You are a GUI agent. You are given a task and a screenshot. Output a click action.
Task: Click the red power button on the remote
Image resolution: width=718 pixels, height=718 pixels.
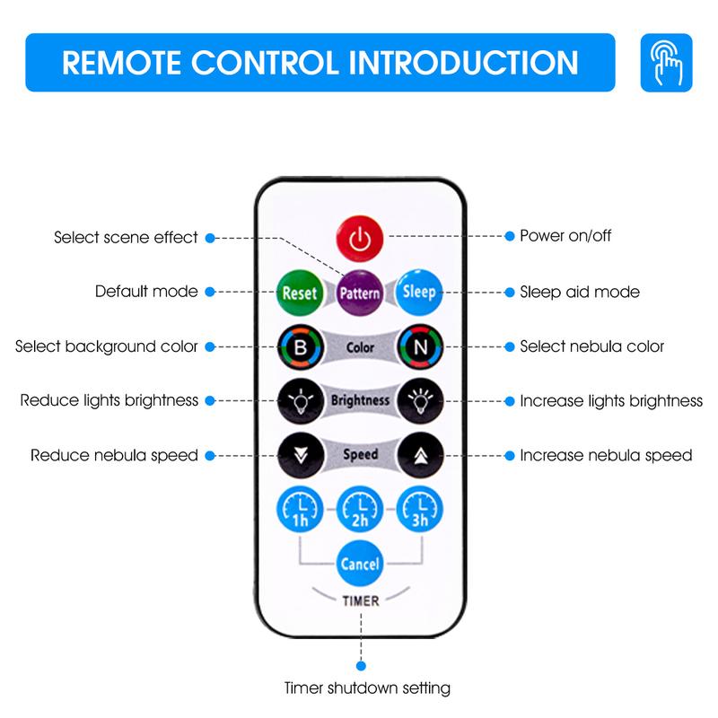click(359, 239)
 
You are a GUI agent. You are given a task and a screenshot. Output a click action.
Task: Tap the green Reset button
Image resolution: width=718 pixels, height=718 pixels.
click(299, 292)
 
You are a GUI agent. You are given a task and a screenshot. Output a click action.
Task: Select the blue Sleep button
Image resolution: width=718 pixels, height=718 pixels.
click(418, 292)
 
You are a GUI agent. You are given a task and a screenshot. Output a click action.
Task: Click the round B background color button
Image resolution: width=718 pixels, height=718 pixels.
click(299, 346)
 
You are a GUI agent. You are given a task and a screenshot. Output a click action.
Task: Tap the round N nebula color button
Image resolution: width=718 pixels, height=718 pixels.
click(418, 346)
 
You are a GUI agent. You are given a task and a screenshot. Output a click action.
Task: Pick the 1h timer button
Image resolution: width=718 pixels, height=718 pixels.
click(299, 510)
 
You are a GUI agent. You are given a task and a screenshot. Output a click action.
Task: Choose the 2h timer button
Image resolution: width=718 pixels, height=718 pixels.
click(359, 510)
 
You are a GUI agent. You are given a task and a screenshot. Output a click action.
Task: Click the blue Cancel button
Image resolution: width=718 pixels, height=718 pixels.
click(359, 565)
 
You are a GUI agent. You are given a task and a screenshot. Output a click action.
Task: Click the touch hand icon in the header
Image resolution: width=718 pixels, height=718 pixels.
click(666, 63)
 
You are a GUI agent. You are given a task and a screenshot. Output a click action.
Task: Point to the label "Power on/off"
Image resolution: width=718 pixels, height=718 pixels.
click(565, 237)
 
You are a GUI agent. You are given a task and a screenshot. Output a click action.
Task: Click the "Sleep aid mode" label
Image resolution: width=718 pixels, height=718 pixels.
click(580, 292)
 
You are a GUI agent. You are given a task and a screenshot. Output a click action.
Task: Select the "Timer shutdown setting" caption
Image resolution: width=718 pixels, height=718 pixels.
click(365, 688)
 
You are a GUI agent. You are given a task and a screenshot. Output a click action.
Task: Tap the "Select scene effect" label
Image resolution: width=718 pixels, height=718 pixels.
click(126, 238)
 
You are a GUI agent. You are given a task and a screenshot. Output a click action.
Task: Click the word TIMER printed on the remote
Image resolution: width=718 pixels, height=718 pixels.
click(359, 601)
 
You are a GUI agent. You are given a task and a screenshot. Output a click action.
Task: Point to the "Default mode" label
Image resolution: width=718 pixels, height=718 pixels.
click(146, 292)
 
